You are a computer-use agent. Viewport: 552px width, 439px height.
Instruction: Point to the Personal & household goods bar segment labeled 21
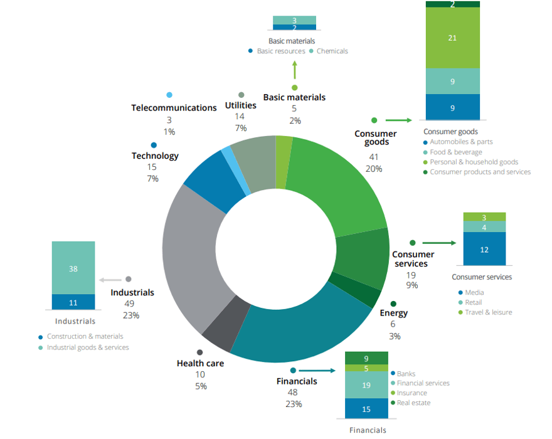[x=452, y=38]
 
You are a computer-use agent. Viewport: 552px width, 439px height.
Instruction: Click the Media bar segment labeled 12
[x=484, y=249]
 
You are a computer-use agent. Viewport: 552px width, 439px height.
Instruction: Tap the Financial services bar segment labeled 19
[x=366, y=386]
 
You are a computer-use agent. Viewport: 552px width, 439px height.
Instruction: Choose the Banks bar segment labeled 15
[x=366, y=409]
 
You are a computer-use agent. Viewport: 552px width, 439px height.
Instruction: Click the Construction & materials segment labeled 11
[x=73, y=302]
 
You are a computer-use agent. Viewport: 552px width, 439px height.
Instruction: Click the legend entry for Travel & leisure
[x=488, y=312]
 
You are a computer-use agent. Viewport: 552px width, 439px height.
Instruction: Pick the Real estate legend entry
[x=413, y=403]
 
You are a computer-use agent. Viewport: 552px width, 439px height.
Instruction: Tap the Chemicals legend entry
[x=332, y=51]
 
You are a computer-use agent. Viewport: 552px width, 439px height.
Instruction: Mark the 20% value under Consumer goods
[x=375, y=169]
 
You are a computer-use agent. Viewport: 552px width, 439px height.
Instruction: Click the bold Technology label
[x=155, y=156]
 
